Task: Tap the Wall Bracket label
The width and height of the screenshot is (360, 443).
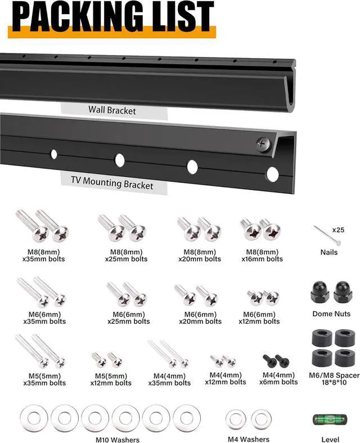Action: [x=112, y=110]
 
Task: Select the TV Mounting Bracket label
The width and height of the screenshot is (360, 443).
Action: [x=112, y=184]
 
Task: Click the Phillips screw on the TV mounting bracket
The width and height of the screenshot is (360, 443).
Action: [x=263, y=144]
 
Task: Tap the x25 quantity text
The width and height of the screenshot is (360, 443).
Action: [x=338, y=230]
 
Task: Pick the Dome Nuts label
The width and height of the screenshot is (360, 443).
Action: [x=331, y=314]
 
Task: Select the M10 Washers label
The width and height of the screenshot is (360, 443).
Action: [x=118, y=440]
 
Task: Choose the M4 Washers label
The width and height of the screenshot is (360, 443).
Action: [x=248, y=439]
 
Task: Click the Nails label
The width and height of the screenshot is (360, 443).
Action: [x=329, y=252]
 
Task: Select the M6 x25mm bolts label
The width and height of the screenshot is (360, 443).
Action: [x=128, y=318]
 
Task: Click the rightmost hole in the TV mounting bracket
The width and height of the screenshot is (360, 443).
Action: [x=272, y=174]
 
